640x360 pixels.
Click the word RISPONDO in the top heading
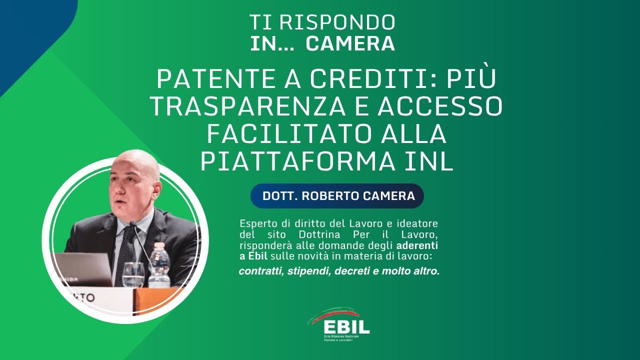pyautogui.click(x=337, y=22)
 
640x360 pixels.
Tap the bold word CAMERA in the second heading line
pyautogui.click(x=350, y=43)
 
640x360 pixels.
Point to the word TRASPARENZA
pyautogui.click(x=247, y=106)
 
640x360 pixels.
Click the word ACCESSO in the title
pyautogui.click(x=440, y=106)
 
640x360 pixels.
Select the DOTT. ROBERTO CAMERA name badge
pyautogui.click(x=337, y=196)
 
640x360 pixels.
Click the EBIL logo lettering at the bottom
pyautogui.click(x=346, y=326)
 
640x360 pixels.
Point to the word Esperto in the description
pyautogui.click(x=258, y=224)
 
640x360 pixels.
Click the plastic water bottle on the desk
pyautogui.click(x=159, y=264)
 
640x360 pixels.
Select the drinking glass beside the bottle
pyautogui.click(x=133, y=274)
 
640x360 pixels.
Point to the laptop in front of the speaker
pyautogui.click(x=82, y=269)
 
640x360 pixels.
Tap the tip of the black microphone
pyautogui.click(x=132, y=223)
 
